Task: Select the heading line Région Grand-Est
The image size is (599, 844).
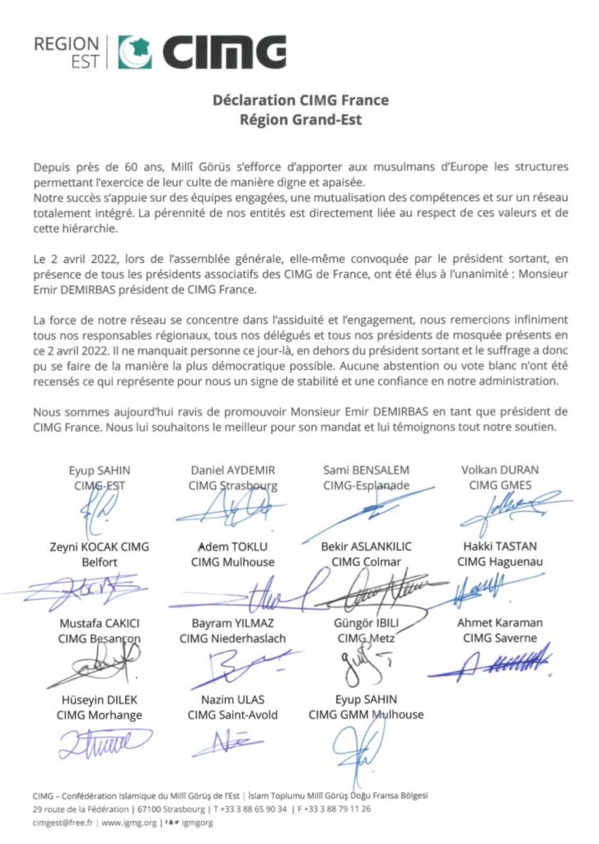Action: coord(301,117)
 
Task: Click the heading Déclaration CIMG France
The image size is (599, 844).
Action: coord(301,101)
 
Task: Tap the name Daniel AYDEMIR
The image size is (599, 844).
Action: coord(232,470)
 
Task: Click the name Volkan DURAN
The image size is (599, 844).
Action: coord(500,470)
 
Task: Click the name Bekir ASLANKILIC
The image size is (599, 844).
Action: coord(367,546)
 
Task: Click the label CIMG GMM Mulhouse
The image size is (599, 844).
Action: coord(366,715)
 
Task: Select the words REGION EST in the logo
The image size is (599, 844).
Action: coord(67,52)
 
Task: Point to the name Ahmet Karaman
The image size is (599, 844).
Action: coord(500,623)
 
